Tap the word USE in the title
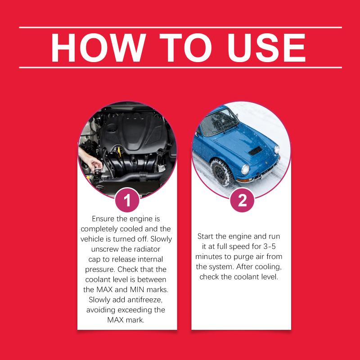tap(266, 48)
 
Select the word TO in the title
tap(185, 48)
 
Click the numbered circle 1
tap(127, 200)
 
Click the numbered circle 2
tap(242, 200)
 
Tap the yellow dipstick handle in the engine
tap(119, 152)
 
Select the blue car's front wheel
tap(221, 172)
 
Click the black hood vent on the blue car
tap(255, 151)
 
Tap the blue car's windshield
tap(219, 122)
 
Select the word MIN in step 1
tap(137, 289)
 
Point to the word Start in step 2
tap(206, 236)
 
